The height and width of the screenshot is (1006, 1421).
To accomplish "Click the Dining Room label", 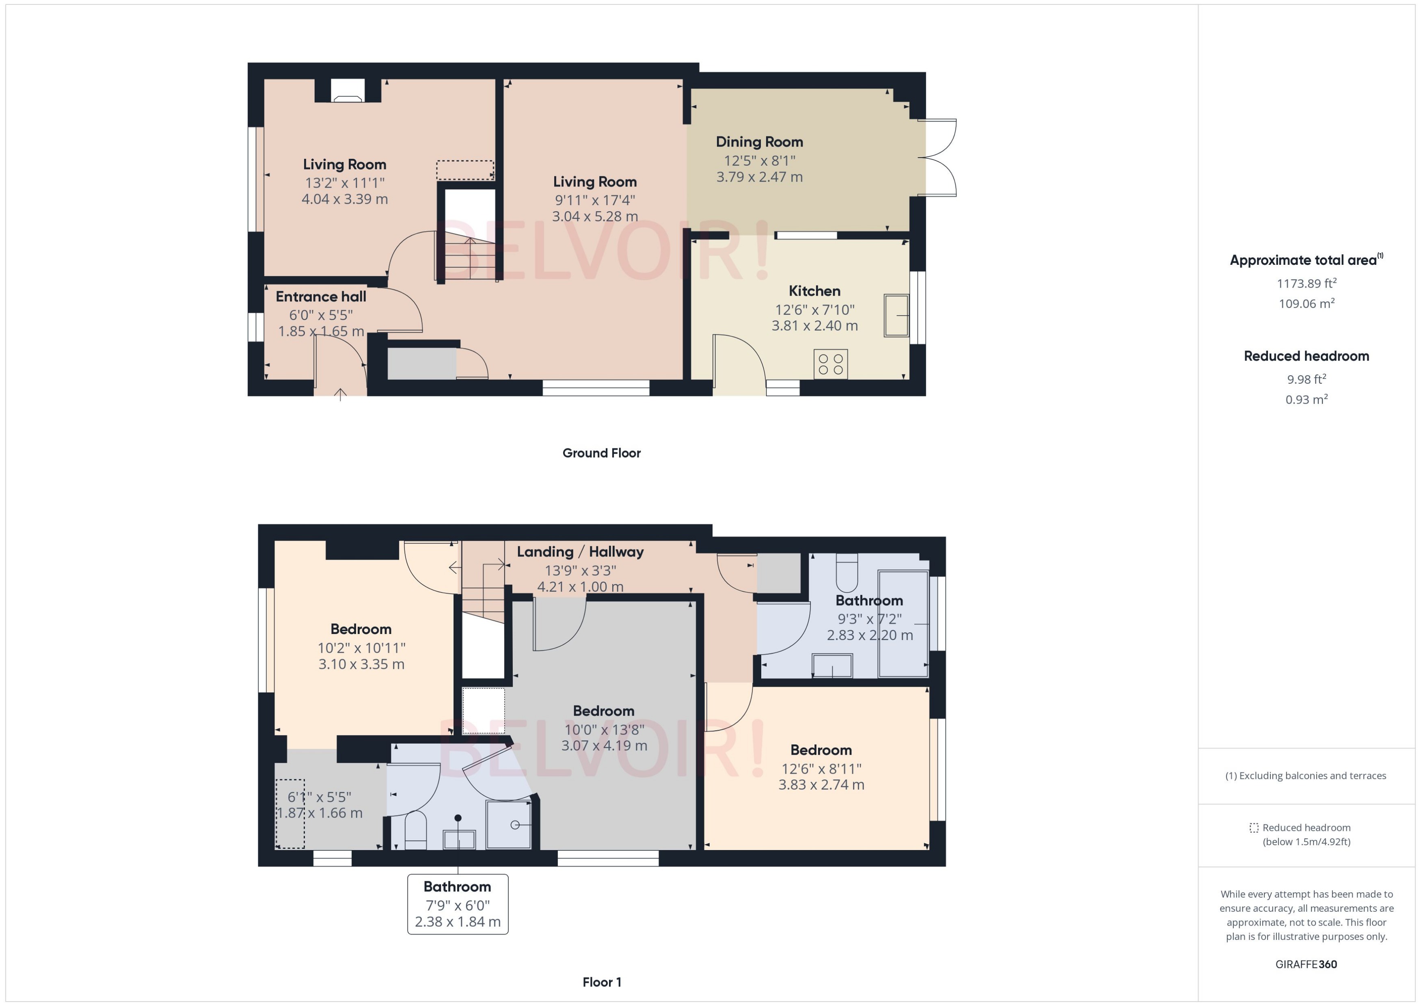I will (x=759, y=142).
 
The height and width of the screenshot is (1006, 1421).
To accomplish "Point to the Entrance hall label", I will (x=321, y=297).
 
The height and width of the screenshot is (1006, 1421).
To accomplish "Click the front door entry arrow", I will (x=340, y=394).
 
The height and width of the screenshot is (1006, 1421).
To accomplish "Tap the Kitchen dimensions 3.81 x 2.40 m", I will (x=814, y=326).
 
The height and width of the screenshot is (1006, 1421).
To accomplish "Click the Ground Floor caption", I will (x=601, y=453).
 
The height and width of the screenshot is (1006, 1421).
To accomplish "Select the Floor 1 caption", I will (x=601, y=982).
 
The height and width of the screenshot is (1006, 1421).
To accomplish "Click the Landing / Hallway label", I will (x=580, y=552).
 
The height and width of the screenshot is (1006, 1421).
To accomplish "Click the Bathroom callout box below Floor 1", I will (x=458, y=904).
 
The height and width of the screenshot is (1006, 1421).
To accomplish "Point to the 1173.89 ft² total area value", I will (x=1306, y=284).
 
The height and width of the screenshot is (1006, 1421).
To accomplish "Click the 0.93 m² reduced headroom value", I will (x=1306, y=400).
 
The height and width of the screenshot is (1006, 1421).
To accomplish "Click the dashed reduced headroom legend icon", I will (x=1253, y=828).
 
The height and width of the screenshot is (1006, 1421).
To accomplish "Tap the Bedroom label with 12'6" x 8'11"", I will (x=821, y=750).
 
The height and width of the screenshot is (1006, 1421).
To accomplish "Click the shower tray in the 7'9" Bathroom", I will (x=508, y=824).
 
